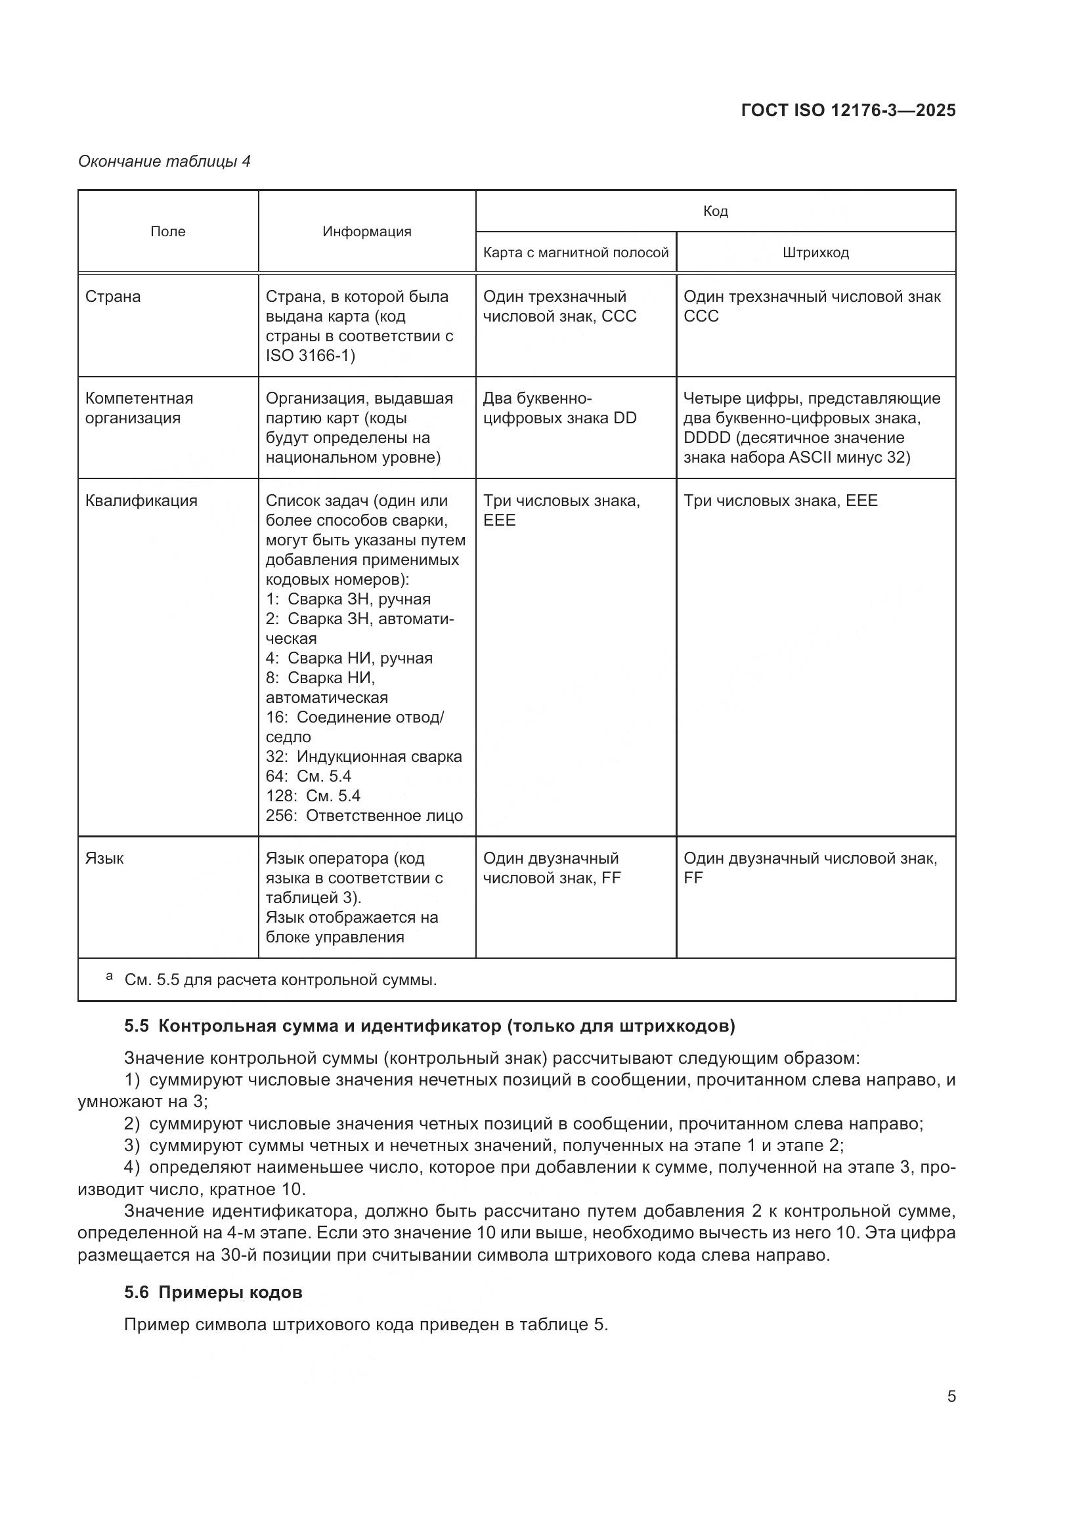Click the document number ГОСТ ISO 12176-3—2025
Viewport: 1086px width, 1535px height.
point(848,110)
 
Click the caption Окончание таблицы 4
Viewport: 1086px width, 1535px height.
point(165,161)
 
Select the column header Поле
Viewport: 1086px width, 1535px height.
point(168,231)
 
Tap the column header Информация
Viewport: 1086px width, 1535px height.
point(366,231)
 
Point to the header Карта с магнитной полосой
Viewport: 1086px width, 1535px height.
point(575,252)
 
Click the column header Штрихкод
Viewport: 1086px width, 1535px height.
point(815,252)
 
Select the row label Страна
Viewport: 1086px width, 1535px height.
point(112,296)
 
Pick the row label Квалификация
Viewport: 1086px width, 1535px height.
point(141,500)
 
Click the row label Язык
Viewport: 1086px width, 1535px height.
point(104,858)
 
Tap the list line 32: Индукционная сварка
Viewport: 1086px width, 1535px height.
point(364,756)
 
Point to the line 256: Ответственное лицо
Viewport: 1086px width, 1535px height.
point(364,815)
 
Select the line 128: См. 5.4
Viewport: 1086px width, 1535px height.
point(313,795)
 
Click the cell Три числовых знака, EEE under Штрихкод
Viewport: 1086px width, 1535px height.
point(780,500)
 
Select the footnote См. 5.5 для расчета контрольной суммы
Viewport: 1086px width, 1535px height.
point(280,980)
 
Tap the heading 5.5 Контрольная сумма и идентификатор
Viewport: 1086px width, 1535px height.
point(429,1026)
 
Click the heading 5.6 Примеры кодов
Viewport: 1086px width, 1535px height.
point(213,1292)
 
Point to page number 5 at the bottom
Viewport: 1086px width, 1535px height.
point(951,1397)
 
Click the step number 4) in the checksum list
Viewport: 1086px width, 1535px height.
point(132,1167)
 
